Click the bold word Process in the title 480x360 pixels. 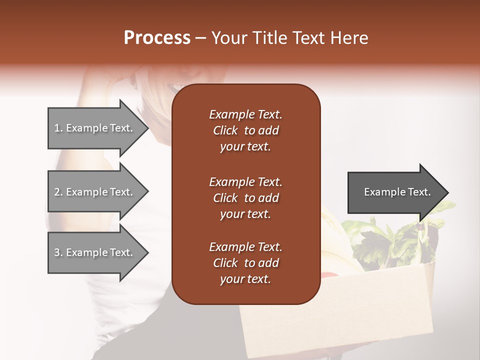157,37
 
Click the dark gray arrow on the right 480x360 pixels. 395,192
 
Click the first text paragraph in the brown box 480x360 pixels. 245,130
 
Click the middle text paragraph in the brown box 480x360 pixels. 245,198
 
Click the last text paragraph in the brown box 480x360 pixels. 245,263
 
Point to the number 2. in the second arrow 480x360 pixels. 58,192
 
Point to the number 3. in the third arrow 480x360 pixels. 58,252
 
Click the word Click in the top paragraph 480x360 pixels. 225,130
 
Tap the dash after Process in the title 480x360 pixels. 200,38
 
